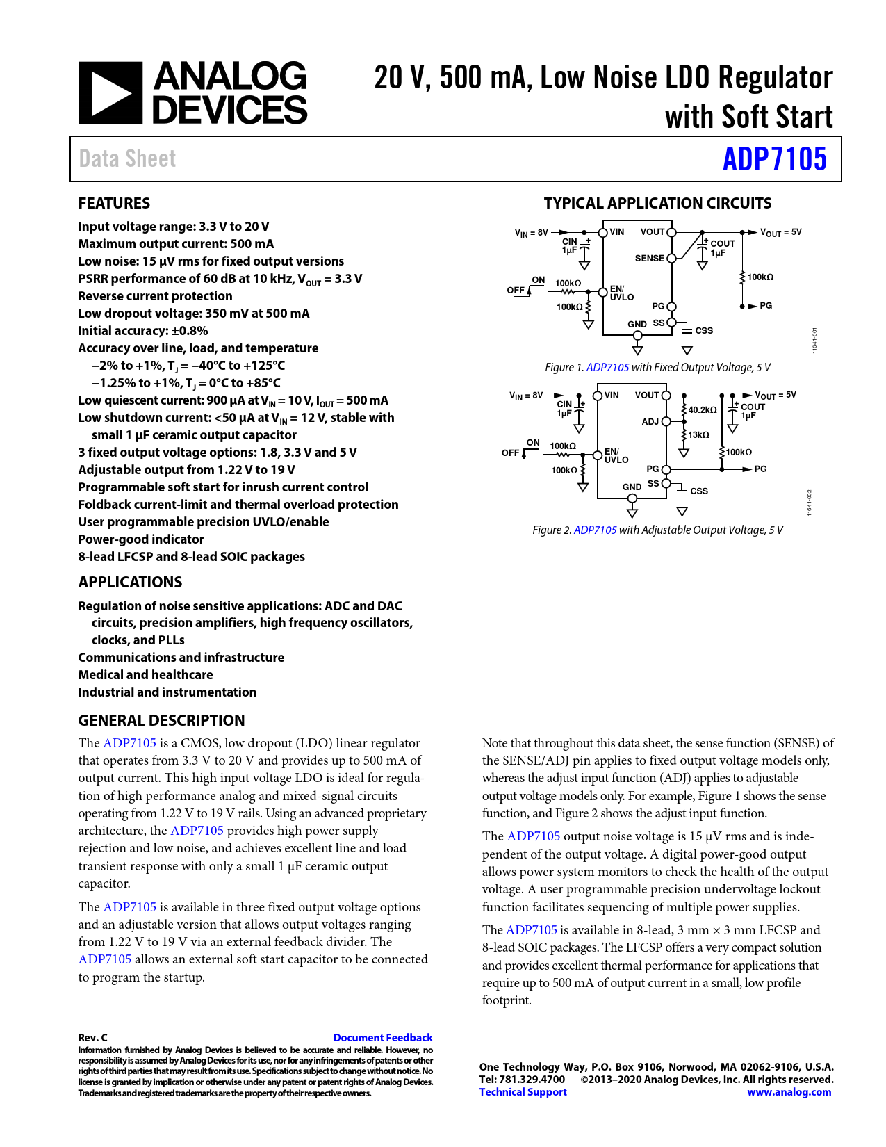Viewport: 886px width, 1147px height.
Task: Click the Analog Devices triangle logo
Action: [x=110, y=93]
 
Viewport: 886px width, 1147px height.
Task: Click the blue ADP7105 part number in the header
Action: [x=774, y=159]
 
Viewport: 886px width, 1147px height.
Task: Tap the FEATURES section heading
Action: [x=114, y=203]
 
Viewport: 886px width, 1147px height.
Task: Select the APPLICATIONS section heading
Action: [x=130, y=582]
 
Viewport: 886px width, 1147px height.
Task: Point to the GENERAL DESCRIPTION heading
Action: [x=161, y=720]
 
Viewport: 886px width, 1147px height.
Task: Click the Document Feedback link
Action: [x=382, y=1037]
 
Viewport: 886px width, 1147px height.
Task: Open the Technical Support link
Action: [x=523, y=1092]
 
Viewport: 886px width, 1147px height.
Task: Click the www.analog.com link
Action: [x=789, y=1092]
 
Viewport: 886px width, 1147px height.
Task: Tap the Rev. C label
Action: [x=92, y=1037]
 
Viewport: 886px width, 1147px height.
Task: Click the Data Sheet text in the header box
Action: [x=127, y=159]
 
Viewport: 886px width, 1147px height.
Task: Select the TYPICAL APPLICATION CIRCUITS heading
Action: [x=657, y=203]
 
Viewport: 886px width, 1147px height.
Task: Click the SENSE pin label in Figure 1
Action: [x=649, y=258]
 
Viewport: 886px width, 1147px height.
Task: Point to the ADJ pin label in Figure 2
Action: [x=650, y=421]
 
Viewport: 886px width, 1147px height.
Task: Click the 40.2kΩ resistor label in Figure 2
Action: [x=702, y=410]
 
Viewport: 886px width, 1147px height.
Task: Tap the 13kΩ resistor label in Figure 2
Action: [x=698, y=435]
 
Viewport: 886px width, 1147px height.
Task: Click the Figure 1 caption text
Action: [x=657, y=367]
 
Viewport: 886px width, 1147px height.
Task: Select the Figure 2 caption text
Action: [x=657, y=530]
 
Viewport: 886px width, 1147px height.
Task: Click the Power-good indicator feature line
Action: [x=141, y=539]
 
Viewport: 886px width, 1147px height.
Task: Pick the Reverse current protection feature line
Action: [x=155, y=296]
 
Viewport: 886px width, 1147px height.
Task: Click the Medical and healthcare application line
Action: [x=145, y=675]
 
